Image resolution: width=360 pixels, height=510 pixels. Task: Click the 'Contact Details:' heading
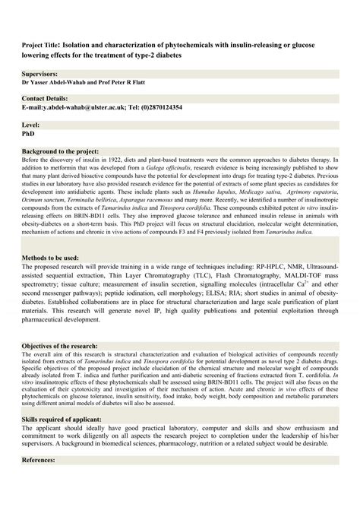(47, 99)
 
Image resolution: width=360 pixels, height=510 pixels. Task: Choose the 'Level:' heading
(31, 124)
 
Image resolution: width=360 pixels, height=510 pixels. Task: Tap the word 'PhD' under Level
(29, 132)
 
